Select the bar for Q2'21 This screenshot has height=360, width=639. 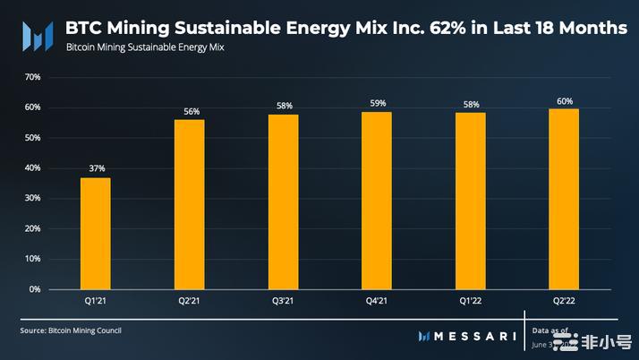[190, 204]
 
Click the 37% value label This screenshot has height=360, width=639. [96, 168]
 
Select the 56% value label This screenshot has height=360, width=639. [191, 111]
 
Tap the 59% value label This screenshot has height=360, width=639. [377, 103]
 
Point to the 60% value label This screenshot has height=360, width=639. [564, 101]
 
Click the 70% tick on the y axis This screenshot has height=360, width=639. [32, 77]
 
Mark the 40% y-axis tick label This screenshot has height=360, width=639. [32, 168]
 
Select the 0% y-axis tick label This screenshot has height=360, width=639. [35, 289]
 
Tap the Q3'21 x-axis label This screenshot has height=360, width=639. [284, 303]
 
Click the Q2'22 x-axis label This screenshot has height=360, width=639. [564, 303]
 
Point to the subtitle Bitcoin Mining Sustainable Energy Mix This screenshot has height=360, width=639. [145, 47]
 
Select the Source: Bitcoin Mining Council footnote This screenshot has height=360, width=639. [71, 330]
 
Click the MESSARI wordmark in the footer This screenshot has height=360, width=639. [474, 336]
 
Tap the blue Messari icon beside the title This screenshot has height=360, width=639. [37, 35]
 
